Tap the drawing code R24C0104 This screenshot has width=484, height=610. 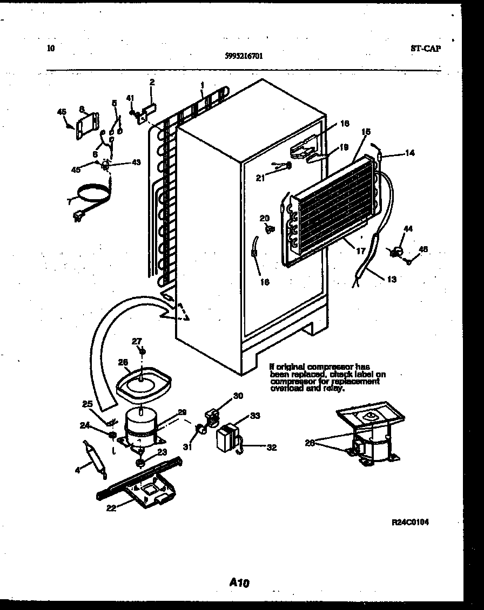pyautogui.click(x=414, y=522)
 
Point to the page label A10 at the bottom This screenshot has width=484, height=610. pyautogui.click(x=239, y=582)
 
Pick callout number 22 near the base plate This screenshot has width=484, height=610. pyautogui.click(x=111, y=507)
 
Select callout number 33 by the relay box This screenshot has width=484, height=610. pyautogui.click(x=254, y=416)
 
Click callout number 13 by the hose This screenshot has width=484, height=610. pyautogui.click(x=391, y=279)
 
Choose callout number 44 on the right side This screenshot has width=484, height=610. pyautogui.click(x=408, y=229)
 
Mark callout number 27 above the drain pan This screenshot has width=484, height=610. pyautogui.click(x=137, y=341)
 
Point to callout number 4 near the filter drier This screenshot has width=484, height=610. pyautogui.click(x=77, y=470)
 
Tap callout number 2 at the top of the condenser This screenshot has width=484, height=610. pyautogui.click(x=152, y=82)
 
